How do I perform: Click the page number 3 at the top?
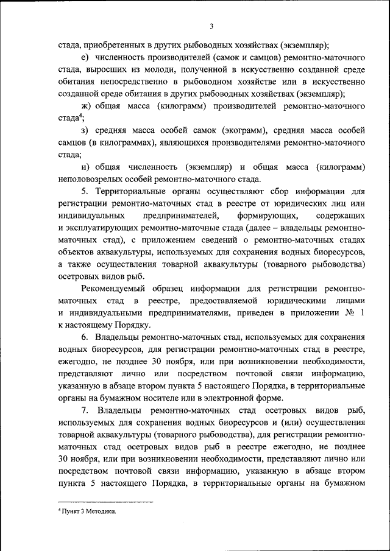pos(211,26)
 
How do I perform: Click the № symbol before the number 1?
pos(349,313)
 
